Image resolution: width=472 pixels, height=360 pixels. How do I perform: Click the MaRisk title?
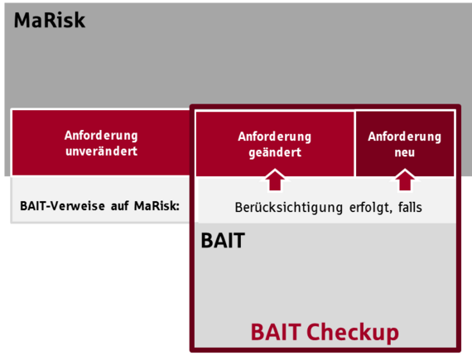pos(50,20)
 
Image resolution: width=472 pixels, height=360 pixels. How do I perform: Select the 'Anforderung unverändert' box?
pos(101,143)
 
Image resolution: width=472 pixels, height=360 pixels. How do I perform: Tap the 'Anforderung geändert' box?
pos(275,144)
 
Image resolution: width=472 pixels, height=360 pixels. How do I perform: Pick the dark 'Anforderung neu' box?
pos(405,144)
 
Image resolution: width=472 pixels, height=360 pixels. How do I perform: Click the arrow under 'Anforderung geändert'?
pos(275,180)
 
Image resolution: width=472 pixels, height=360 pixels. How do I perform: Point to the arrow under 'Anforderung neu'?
pos(405,180)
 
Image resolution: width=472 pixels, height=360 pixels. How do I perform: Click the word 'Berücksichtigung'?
pos(289,208)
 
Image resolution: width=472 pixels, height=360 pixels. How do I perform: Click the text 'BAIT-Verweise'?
pos(63,206)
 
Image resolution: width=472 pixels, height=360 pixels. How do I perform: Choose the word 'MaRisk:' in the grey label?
pos(157,206)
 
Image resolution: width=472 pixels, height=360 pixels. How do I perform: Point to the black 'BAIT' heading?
pos(223,241)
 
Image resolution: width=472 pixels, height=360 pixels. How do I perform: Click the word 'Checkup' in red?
pos(353,333)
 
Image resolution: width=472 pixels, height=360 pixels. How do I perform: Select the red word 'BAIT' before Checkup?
pos(276,332)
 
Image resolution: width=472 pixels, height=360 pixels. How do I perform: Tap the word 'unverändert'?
pos(102,151)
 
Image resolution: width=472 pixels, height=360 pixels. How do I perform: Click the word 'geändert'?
pos(275,152)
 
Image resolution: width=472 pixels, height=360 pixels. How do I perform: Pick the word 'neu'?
pos(405,153)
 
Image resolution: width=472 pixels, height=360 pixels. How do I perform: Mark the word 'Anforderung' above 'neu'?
pos(405,137)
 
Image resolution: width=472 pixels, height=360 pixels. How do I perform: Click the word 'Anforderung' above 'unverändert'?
pos(101,136)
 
